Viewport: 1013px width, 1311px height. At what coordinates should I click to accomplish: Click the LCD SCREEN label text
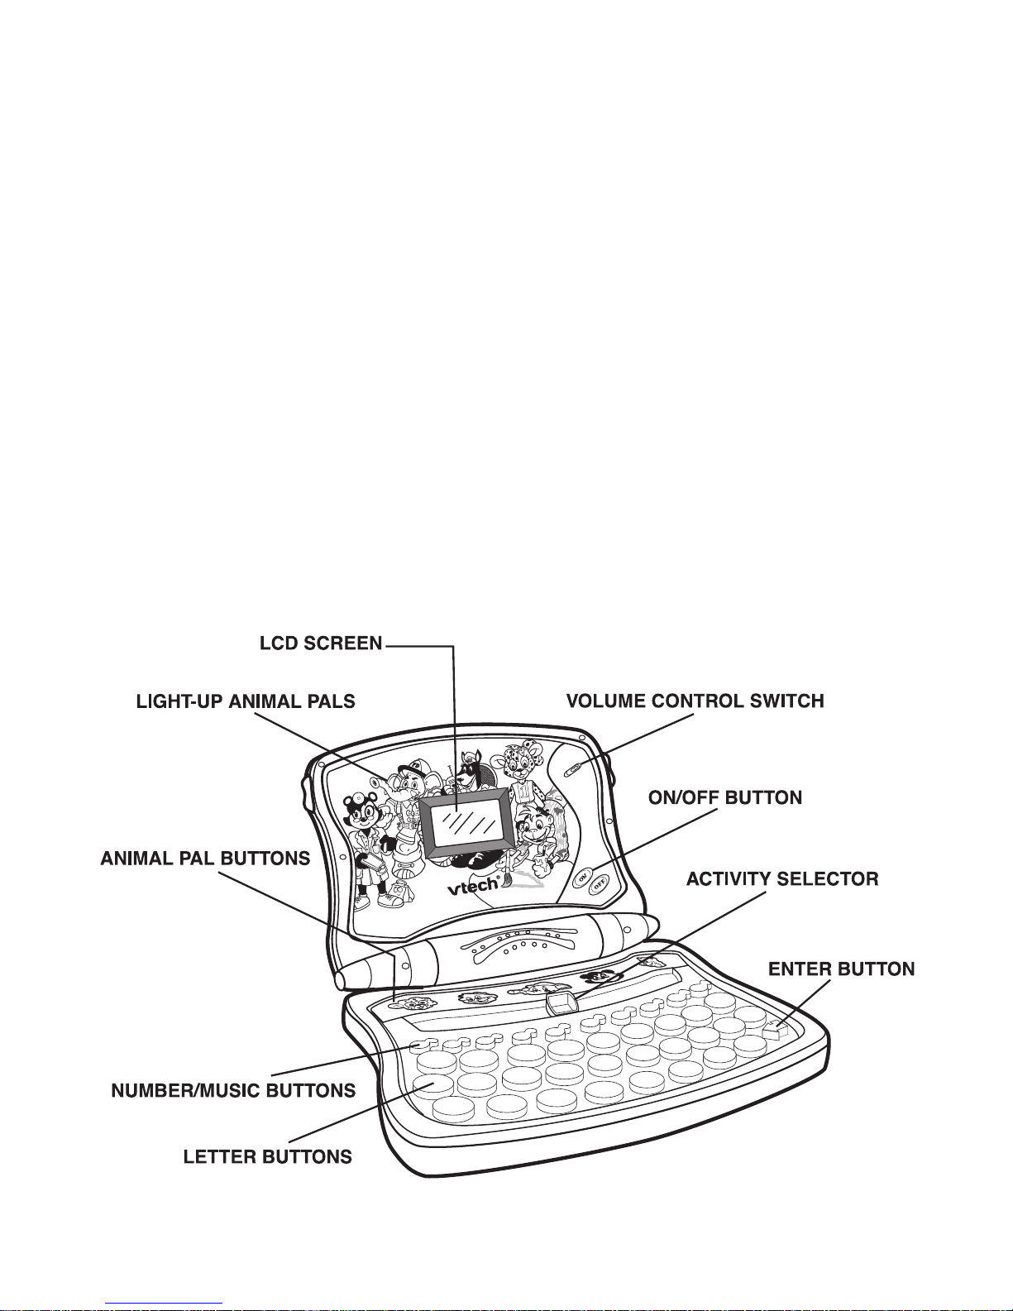(321, 644)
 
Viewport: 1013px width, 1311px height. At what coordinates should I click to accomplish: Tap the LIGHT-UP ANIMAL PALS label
(246, 701)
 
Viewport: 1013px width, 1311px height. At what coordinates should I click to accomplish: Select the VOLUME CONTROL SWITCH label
(695, 701)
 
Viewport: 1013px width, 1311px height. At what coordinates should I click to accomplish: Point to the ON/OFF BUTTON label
(724, 798)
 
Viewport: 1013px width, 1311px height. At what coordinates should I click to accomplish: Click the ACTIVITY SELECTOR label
(781, 878)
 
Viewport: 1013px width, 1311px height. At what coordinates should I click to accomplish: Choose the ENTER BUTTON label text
(841, 969)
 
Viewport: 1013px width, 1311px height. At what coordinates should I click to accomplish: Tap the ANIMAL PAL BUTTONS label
(205, 859)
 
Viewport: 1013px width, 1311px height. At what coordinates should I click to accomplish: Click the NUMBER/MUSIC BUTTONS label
(233, 1090)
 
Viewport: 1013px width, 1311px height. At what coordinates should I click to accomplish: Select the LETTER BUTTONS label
(267, 1156)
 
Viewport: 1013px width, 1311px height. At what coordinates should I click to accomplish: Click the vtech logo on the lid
(474, 886)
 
